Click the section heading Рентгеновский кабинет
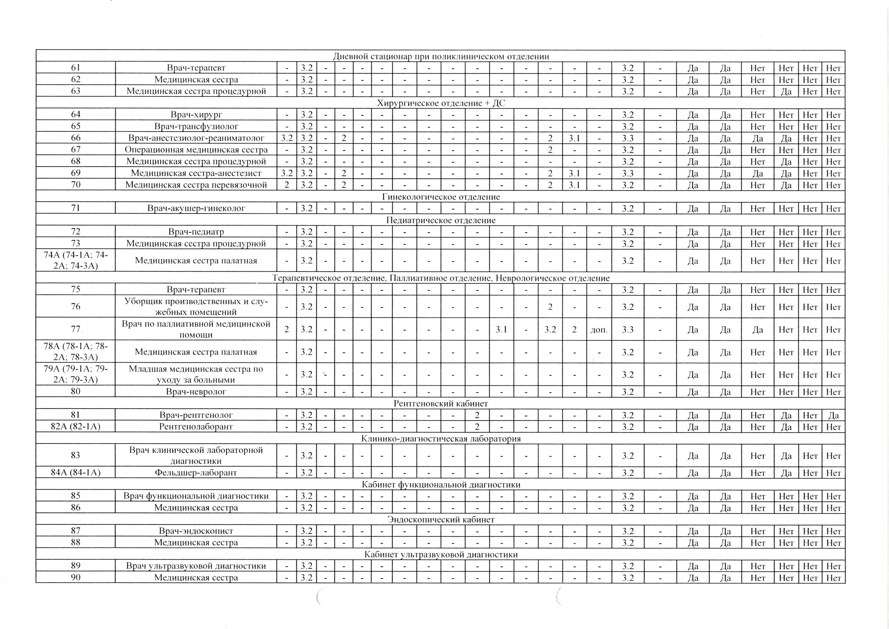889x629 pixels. (440, 404)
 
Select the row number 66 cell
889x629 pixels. (76, 138)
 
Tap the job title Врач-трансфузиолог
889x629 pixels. (196, 126)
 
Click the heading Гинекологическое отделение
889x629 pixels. (441, 197)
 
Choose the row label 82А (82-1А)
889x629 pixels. (76, 427)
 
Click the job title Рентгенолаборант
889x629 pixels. (196, 427)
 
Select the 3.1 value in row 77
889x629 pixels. (501, 330)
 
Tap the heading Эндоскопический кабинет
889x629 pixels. (441, 520)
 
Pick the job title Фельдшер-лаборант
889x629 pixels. (196, 473)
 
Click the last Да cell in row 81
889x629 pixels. (833, 416)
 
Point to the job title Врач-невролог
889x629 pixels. (196, 392)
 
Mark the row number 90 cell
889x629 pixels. (76, 578)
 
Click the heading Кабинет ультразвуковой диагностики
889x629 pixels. (441, 555)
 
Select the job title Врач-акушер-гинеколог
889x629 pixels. (196, 208)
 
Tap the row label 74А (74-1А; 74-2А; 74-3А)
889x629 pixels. (76, 261)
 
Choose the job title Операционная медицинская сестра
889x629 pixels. (196, 150)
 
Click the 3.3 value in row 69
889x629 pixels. (628, 173)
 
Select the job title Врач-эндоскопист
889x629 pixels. (196, 531)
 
